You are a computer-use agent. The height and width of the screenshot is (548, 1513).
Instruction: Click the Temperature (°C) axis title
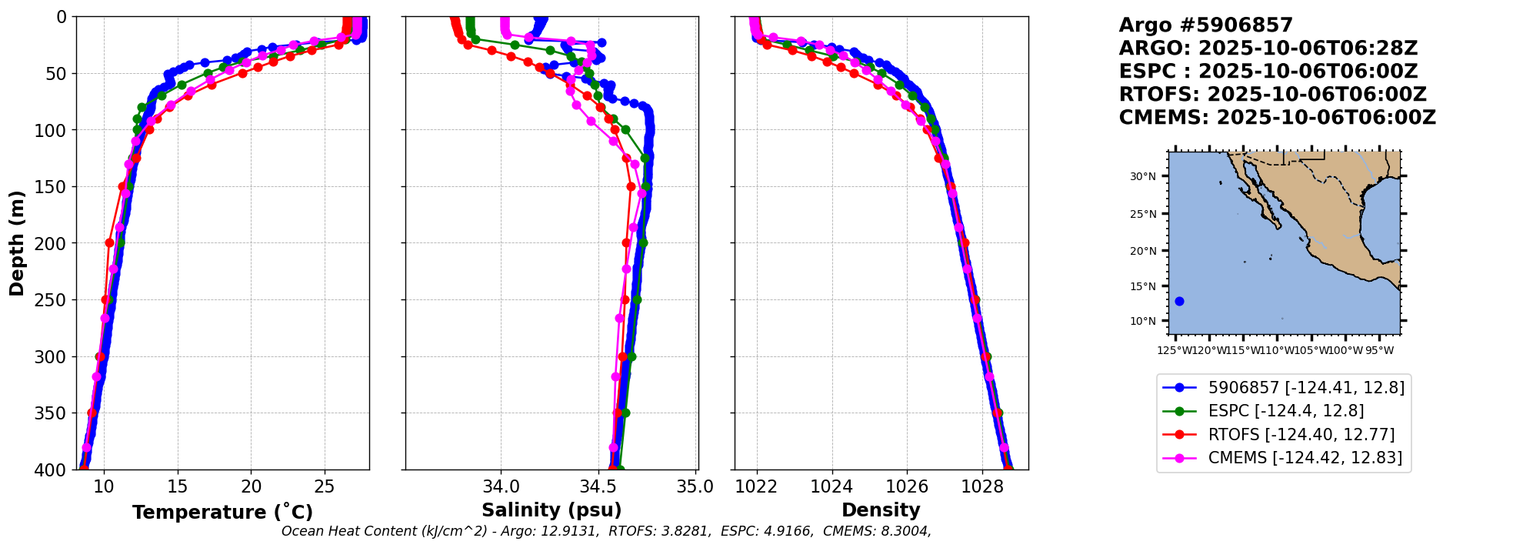tap(222, 513)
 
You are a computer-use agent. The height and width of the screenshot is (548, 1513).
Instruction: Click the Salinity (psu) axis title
tap(552, 510)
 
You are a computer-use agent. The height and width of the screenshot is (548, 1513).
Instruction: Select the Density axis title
tap(881, 510)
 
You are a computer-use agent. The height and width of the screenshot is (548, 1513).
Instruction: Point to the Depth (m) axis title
tap(17, 243)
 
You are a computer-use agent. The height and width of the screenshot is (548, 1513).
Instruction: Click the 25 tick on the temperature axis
tap(325, 486)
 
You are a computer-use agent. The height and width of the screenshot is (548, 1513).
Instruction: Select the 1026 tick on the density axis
tap(907, 486)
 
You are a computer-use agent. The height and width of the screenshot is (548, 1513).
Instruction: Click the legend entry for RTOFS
tap(1301, 435)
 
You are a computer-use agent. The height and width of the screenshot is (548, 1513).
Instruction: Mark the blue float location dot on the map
tap(1179, 302)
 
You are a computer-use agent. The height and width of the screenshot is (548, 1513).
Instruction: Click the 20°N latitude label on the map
tap(1143, 251)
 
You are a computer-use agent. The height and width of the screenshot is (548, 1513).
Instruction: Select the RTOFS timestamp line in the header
tap(1272, 95)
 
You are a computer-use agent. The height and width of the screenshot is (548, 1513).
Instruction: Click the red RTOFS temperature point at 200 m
tap(109, 242)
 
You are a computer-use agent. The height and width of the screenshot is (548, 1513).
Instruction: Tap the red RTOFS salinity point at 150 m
tap(631, 186)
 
